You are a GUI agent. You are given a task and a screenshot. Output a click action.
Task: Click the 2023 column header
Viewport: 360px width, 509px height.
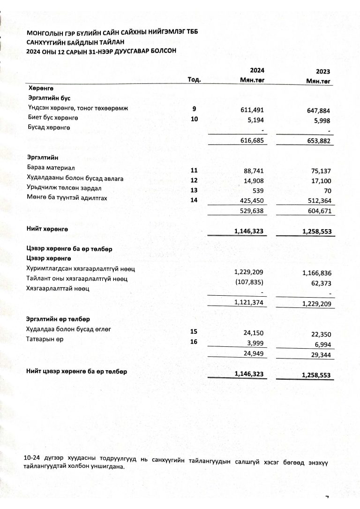[323, 72]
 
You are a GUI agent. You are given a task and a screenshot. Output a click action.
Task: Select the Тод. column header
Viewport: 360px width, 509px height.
[194, 80]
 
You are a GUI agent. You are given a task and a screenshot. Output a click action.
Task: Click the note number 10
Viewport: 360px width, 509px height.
[194, 119]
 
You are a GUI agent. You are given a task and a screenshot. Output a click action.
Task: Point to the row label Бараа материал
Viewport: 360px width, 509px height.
[48, 168]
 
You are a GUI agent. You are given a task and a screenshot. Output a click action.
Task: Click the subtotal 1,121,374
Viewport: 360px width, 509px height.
[251, 303]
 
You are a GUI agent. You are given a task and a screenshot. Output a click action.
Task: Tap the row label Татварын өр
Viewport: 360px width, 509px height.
[45, 339]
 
